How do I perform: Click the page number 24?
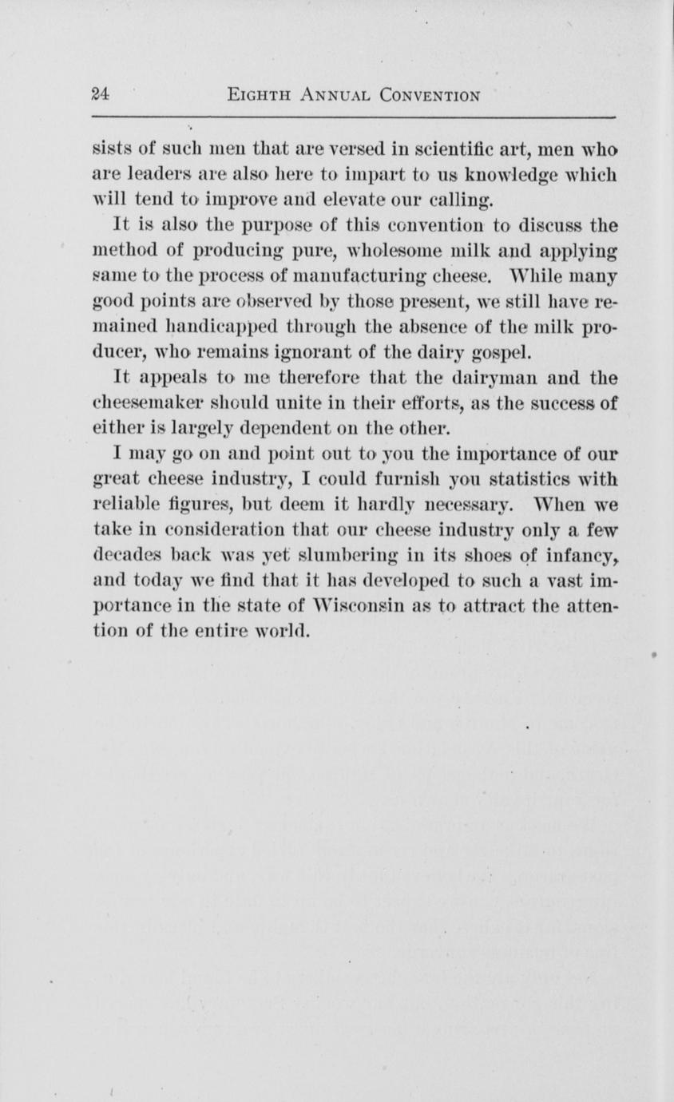pos(100,95)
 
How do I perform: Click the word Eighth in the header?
pos(252,96)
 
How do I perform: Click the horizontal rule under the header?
pos(355,118)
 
